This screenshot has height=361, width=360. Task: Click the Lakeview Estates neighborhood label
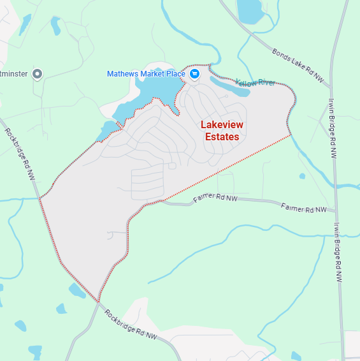221,131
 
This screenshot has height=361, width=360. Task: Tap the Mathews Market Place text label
146,74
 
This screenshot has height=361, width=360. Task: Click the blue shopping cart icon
195,74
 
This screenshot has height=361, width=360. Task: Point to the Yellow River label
255,83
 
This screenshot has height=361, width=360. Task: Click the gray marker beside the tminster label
37,74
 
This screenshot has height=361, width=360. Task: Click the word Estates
222,136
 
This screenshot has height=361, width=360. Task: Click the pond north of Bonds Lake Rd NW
249,10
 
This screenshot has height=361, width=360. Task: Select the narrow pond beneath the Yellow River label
229,87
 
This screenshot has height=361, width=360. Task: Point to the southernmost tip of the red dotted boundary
99,302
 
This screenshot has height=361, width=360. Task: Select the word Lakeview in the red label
221,125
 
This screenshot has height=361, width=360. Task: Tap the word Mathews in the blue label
120,74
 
